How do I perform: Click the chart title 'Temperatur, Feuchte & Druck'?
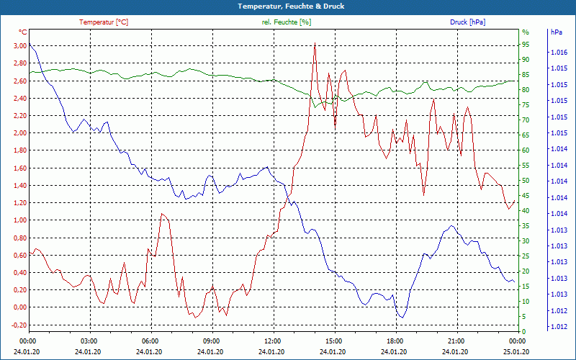(288, 6)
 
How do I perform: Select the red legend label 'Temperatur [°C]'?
(104, 22)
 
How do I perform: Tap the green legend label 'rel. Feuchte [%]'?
(287, 22)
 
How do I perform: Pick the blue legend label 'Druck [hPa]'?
(467, 22)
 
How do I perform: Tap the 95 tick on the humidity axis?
(525, 44)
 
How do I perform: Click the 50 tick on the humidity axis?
(525, 181)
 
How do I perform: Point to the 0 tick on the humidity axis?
(523, 332)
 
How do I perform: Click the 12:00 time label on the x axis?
(272, 341)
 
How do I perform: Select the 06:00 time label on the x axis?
(150, 341)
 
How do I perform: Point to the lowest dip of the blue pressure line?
(401, 318)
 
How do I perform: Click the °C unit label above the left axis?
(23, 32)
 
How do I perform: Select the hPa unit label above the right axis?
(556, 32)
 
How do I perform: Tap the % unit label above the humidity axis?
(525, 32)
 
